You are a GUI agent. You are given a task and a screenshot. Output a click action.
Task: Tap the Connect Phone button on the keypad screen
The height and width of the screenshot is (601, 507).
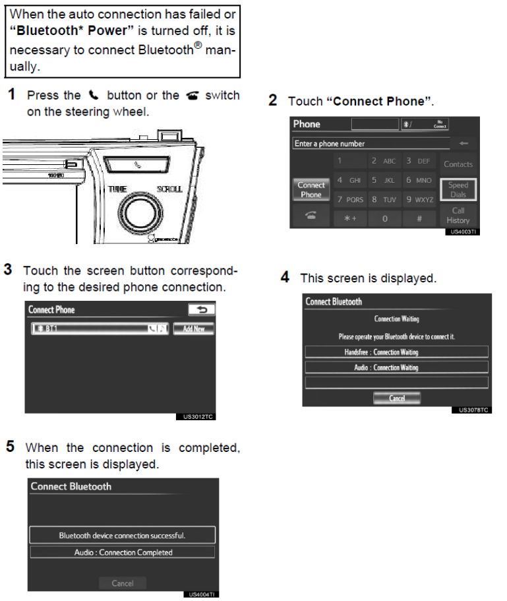(311, 190)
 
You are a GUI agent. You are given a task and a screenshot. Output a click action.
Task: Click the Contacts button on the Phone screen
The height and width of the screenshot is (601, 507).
(458, 164)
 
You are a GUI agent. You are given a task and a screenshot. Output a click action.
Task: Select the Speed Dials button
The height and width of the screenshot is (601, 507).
(458, 190)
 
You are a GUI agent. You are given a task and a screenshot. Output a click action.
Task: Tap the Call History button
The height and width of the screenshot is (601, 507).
(458, 216)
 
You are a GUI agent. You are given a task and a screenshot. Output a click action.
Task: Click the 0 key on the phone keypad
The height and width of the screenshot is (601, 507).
(385, 218)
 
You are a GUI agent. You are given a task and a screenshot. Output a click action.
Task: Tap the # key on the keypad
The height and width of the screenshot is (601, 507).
(419, 218)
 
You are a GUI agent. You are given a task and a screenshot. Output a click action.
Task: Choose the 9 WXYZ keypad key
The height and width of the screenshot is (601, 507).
(419, 199)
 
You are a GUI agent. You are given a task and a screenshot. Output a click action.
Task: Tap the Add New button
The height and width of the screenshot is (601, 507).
(193, 329)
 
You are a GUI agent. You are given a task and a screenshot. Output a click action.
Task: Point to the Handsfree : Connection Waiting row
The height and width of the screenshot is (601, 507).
(396, 352)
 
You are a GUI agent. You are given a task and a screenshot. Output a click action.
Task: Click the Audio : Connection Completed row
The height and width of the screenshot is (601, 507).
(123, 552)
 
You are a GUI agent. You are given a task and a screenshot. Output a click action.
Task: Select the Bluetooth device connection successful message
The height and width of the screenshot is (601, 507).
(123, 535)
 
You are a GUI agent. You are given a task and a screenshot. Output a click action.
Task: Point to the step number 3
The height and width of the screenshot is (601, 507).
(8, 270)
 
